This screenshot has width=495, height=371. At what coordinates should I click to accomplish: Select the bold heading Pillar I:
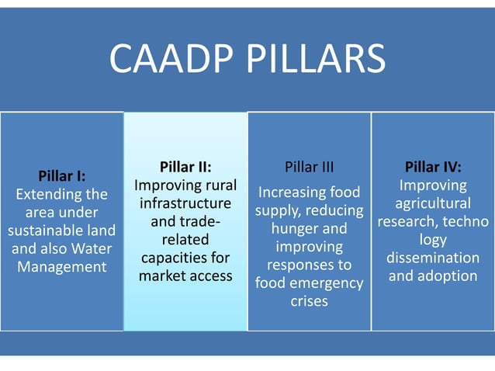coord(62,176)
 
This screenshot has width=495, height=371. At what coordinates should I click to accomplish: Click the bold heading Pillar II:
coord(185,167)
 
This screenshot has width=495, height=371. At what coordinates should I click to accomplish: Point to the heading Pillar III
coord(309,167)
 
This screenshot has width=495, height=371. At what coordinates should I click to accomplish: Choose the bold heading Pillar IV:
coord(433,167)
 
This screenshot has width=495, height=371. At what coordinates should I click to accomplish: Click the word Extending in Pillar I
coord(50,194)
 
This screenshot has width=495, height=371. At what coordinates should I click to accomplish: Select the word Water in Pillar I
coord(92,248)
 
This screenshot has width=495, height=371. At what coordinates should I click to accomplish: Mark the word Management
coord(62,267)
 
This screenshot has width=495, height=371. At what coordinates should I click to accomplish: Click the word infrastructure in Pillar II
coord(185,203)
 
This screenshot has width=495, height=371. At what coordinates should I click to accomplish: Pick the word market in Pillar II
coord(161,276)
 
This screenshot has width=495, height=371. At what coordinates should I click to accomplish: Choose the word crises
coord(309,301)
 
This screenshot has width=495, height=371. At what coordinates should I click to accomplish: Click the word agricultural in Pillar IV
coord(433,203)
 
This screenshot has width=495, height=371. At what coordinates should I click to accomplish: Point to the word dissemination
coord(433,258)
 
